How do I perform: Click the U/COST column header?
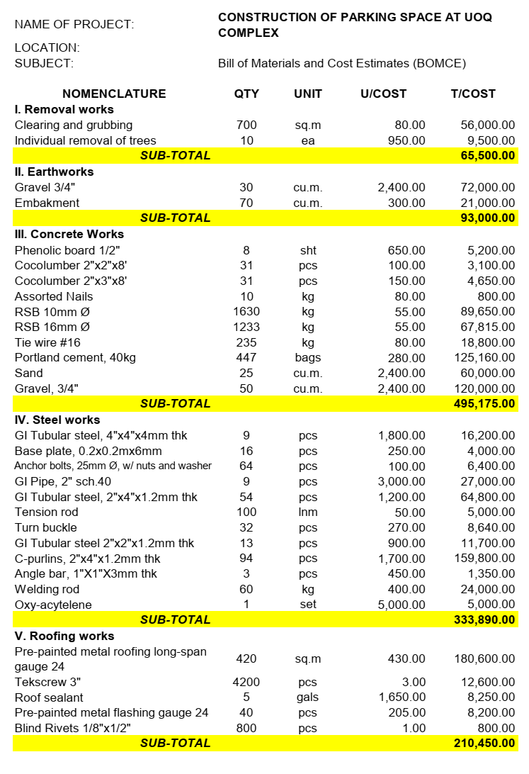[x=383, y=94]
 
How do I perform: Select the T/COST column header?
[x=473, y=94]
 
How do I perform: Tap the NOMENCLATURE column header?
[x=114, y=94]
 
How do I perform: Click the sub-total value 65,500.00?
[x=484, y=156]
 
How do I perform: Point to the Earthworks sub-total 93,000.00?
[x=484, y=218]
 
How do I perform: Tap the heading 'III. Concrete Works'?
[x=69, y=234]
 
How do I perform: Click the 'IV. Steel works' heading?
[x=57, y=420]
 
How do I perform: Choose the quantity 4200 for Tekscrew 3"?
[x=246, y=683]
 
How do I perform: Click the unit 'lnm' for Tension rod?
[x=308, y=512]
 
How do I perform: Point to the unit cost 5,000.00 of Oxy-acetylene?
[x=402, y=605]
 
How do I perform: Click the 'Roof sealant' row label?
[x=49, y=697]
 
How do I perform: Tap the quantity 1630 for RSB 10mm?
[x=246, y=312]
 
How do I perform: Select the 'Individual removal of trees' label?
[x=86, y=140]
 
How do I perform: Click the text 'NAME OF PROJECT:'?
[x=74, y=25]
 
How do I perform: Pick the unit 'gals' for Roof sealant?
[x=308, y=697]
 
